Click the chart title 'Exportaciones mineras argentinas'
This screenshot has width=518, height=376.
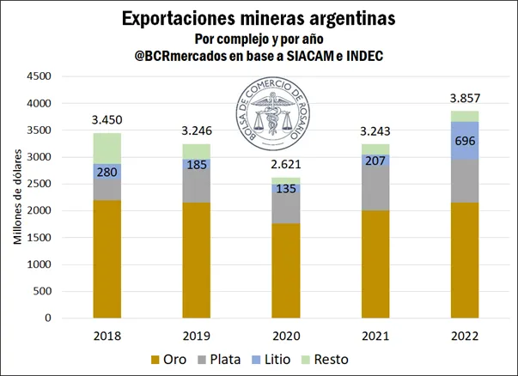click(x=258, y=17)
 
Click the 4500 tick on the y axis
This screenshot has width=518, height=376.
click(x=38, y=76)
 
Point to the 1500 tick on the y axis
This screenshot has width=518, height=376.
click(x=38, y=238)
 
